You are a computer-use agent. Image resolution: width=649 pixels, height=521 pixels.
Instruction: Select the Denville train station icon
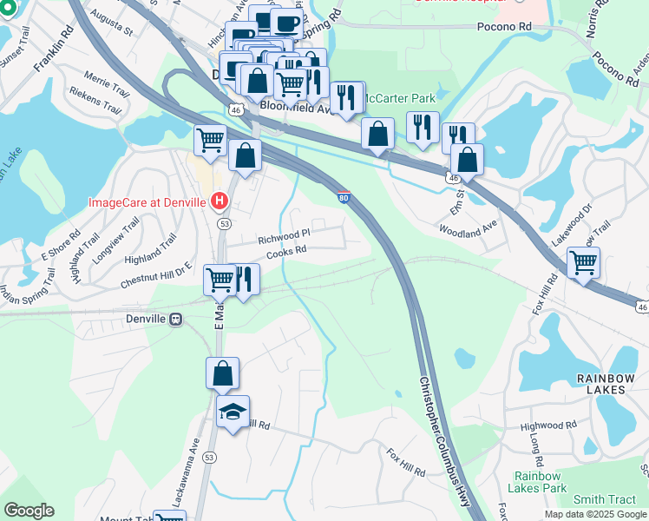[x=176, y=319]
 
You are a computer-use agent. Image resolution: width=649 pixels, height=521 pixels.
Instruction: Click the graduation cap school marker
[x=233, y=412]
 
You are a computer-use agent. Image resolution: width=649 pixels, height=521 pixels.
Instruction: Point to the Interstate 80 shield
[x=344, y=198]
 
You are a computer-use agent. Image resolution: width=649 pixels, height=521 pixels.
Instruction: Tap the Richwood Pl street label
[x=283, y=235]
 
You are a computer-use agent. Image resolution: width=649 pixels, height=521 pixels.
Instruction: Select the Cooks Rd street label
[x=286, y=251]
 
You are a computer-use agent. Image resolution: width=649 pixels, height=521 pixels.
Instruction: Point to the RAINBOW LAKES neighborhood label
[x=600, y=384]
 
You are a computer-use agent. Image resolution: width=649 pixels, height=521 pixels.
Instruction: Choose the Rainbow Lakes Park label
[x=540, y=482]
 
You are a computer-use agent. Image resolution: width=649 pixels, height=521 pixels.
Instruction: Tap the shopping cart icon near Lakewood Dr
[x=583, y=262]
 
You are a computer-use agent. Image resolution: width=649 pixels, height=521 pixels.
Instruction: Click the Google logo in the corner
[x=29, y=511]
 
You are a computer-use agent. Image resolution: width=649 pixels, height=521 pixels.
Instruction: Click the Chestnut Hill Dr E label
[x=155, y=274]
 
